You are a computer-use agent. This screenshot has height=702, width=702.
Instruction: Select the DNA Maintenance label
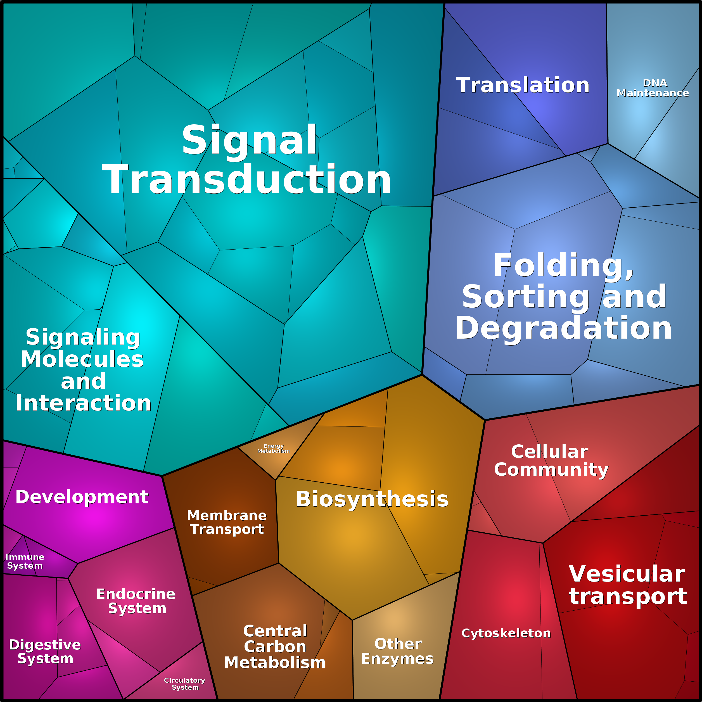pos(653,88)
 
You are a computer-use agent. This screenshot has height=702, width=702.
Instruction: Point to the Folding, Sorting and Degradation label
pos(564,296)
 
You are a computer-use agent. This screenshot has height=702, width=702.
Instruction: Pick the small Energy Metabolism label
pos(274,448)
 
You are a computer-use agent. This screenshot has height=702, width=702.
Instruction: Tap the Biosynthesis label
pos(372,499)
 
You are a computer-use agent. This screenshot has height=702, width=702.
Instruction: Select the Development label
pos(82,497)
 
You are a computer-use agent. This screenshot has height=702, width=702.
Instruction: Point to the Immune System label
pos(25,561)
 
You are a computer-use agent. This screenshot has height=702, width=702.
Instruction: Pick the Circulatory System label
pos(185,684)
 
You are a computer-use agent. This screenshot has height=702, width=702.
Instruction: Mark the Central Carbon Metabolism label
pos(275,647)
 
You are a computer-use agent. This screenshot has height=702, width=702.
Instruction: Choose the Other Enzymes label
pos(397,651)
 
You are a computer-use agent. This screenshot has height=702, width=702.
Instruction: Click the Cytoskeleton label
pos(506,633)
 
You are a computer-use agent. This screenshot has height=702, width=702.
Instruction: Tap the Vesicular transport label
pos(627,585)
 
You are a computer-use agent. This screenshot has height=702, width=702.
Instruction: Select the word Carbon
pos(275,647)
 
